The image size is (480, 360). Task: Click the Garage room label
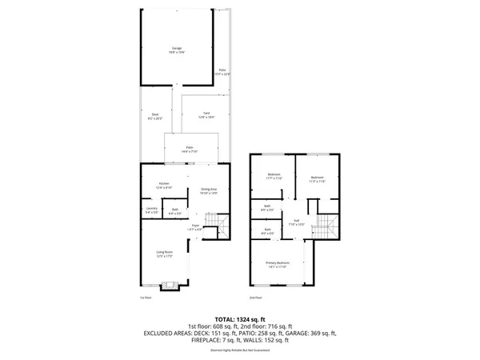click(177, 50)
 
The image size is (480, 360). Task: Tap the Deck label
click(155, 116)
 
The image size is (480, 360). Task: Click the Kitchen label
click(164, 186)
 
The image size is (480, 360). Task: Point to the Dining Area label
click(208, 191)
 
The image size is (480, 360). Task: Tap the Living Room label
click(165, 254)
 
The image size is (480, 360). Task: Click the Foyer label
click(195, 227)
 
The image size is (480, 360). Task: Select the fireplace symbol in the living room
click(169, 284)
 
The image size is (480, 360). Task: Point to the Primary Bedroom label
click(278, 264)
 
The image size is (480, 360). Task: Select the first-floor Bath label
click(175, 211)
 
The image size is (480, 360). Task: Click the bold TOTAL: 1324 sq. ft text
click(240, 318)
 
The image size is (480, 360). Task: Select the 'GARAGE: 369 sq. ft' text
click(310, 333)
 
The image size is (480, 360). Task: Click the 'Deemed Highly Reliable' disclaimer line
click(240, 350)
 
